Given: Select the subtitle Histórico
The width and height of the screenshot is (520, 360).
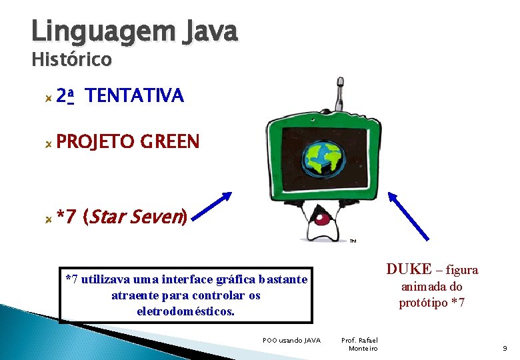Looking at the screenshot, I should coord(71,60).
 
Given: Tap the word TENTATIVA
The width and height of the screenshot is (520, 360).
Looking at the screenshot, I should coord(135,97).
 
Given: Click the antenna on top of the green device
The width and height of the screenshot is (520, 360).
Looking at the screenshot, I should coord(339,93).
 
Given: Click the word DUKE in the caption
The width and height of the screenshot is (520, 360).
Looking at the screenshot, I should coord(409,269).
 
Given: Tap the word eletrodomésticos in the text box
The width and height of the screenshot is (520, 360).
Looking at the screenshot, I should coord(186,311).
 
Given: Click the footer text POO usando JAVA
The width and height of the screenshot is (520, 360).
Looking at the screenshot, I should coord(291,341).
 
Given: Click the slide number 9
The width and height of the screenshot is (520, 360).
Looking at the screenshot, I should coord(505,348).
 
